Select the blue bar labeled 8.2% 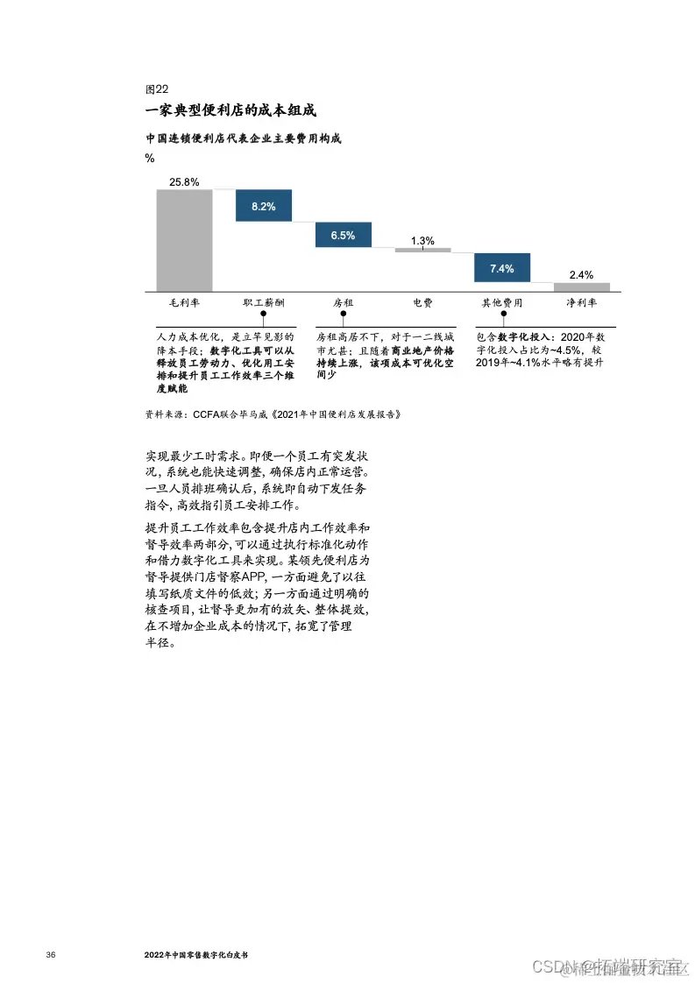(263, 206)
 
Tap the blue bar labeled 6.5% (343, 235)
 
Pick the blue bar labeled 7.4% (501, 268)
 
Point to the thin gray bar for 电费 (422, 250)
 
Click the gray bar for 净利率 (581, 286)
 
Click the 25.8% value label (184, 181)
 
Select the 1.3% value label (422, 240)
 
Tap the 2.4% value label (581, 275)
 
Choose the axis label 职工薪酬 (263, 302)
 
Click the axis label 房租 (343, 302)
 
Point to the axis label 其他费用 (501, 302)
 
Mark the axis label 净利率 (581, 302)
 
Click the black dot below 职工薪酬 (263, 314)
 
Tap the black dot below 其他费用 (501, 314)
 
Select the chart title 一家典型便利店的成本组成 (230, 110)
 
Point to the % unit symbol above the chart (150, 158)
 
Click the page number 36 (50, 953)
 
